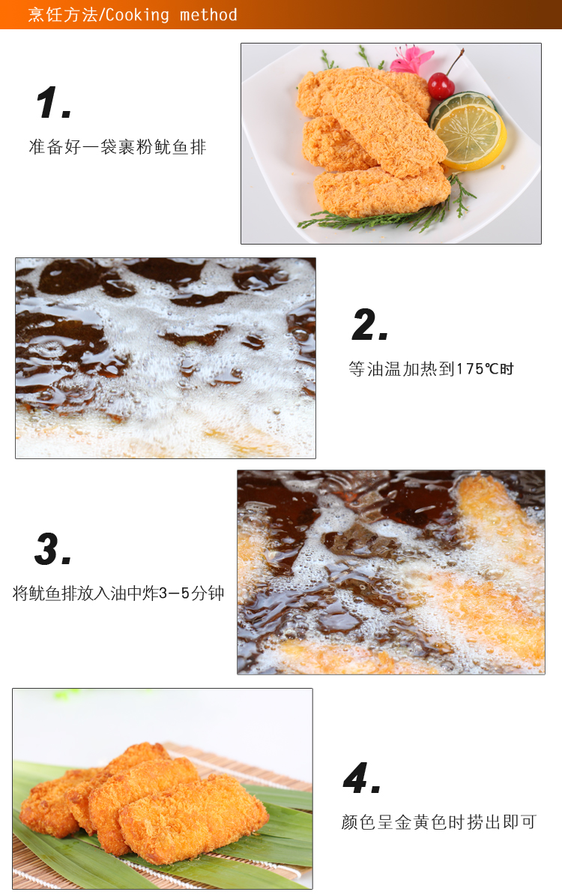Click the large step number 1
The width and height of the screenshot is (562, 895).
53,103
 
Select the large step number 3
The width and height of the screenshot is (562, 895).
52,549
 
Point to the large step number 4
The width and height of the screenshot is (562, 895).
361,777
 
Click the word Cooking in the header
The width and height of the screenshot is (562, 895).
137,15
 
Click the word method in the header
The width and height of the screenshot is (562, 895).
208,15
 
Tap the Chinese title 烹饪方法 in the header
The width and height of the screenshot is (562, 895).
63,15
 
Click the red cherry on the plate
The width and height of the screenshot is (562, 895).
441,86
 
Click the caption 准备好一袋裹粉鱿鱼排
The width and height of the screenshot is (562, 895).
118,147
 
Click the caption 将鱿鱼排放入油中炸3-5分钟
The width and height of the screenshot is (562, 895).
118,593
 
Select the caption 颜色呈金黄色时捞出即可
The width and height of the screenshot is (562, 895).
439,822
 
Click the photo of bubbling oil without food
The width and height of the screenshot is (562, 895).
166,358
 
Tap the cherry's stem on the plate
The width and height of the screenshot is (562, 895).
453,63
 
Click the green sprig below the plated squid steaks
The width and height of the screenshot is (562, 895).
387,214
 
